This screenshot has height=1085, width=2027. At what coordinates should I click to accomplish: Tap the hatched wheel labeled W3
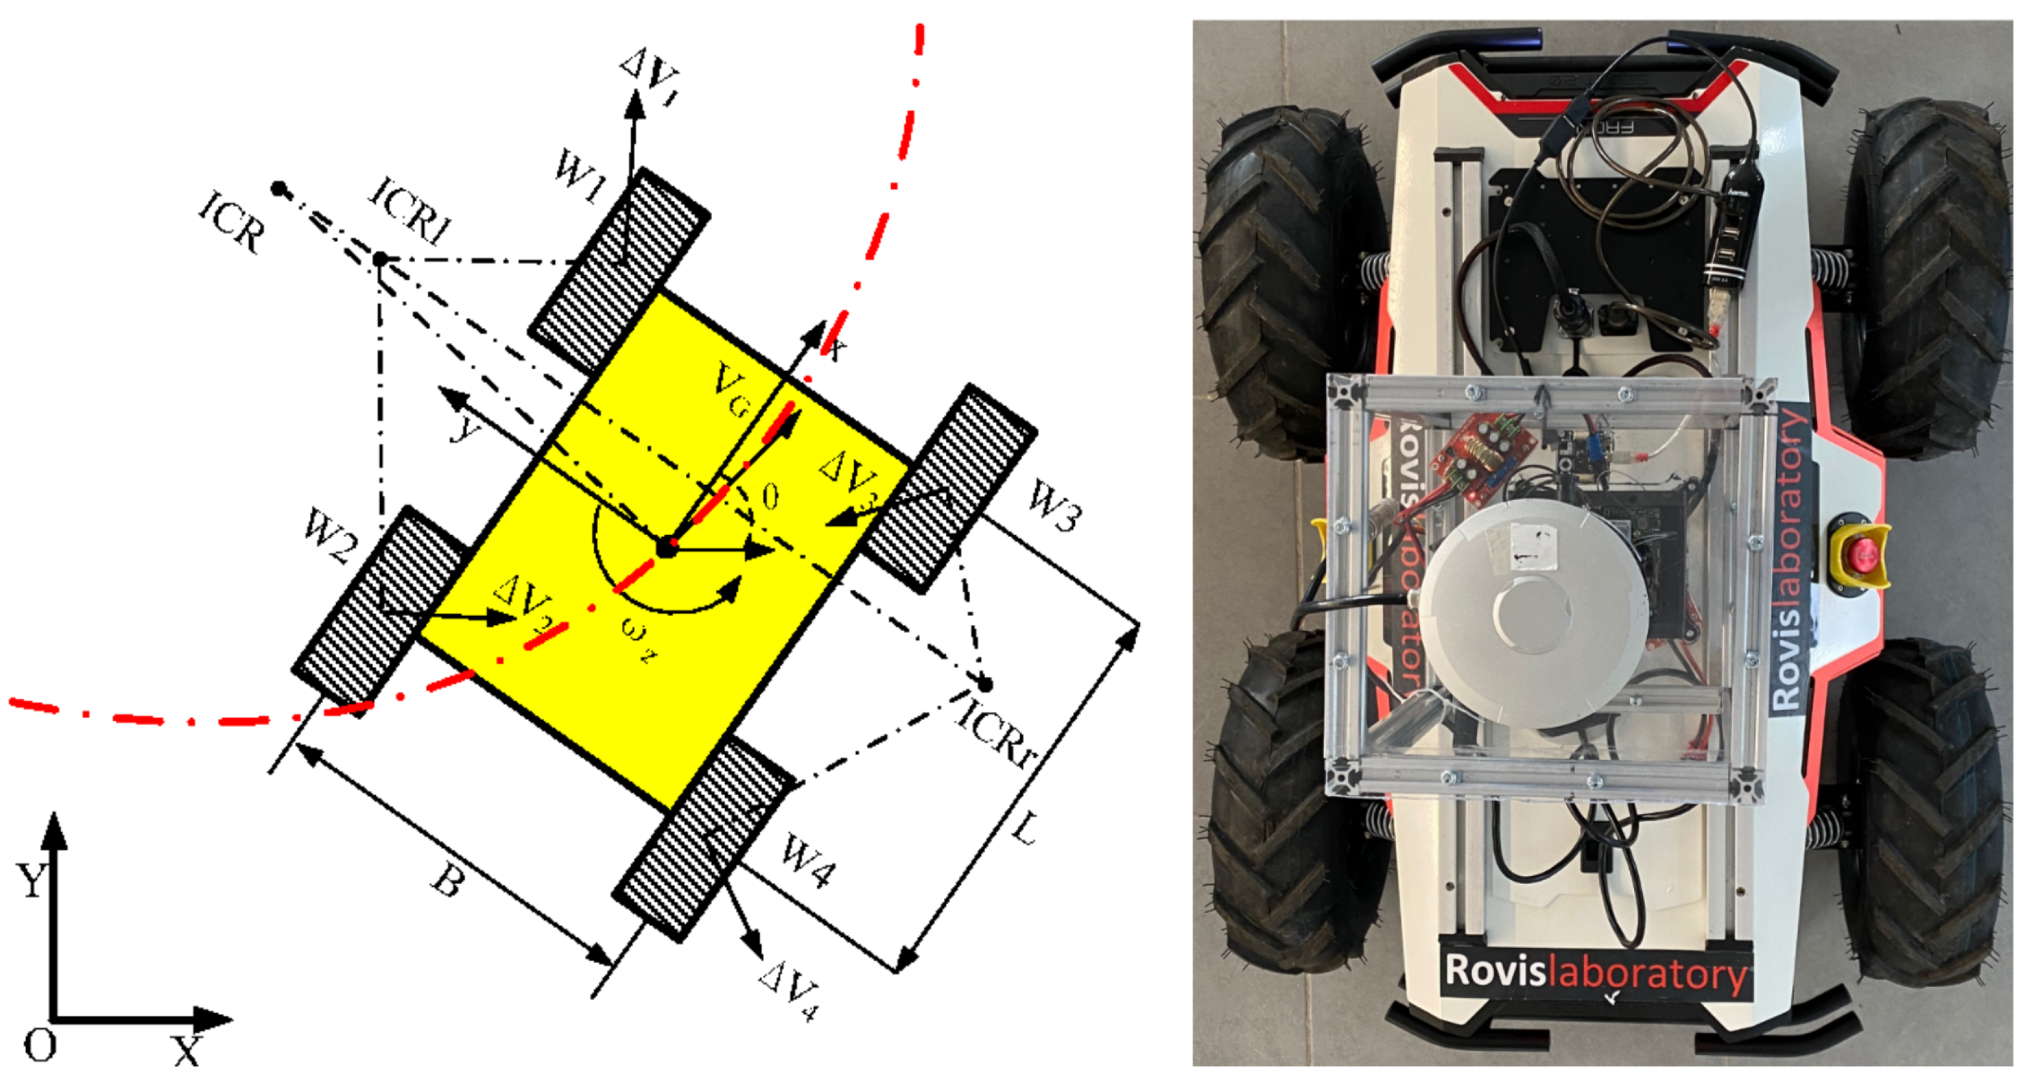[948, 488]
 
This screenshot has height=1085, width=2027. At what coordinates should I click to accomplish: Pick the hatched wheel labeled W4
[703, 838]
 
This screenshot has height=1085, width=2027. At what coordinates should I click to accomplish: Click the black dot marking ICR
[278, 189]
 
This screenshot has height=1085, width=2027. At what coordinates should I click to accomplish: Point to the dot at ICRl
[380, 258]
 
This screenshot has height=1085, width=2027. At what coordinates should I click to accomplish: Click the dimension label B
[447, 883]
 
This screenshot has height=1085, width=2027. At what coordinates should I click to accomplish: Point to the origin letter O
[39, 1046]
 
